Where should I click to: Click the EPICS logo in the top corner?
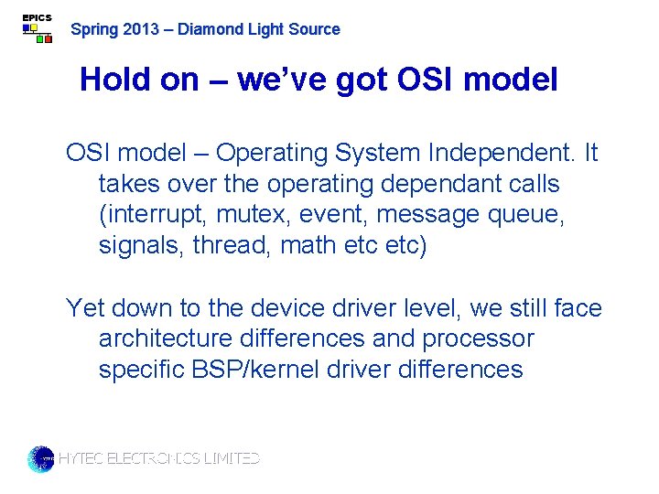pos(37,28)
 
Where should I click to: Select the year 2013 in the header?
pos(140,29)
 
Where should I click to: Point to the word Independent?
pos(506,153)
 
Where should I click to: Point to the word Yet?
pos(85,308)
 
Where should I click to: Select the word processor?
pos(478,339)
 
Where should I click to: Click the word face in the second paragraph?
pos(578,308)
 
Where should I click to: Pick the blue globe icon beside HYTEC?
pos(41,458)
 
